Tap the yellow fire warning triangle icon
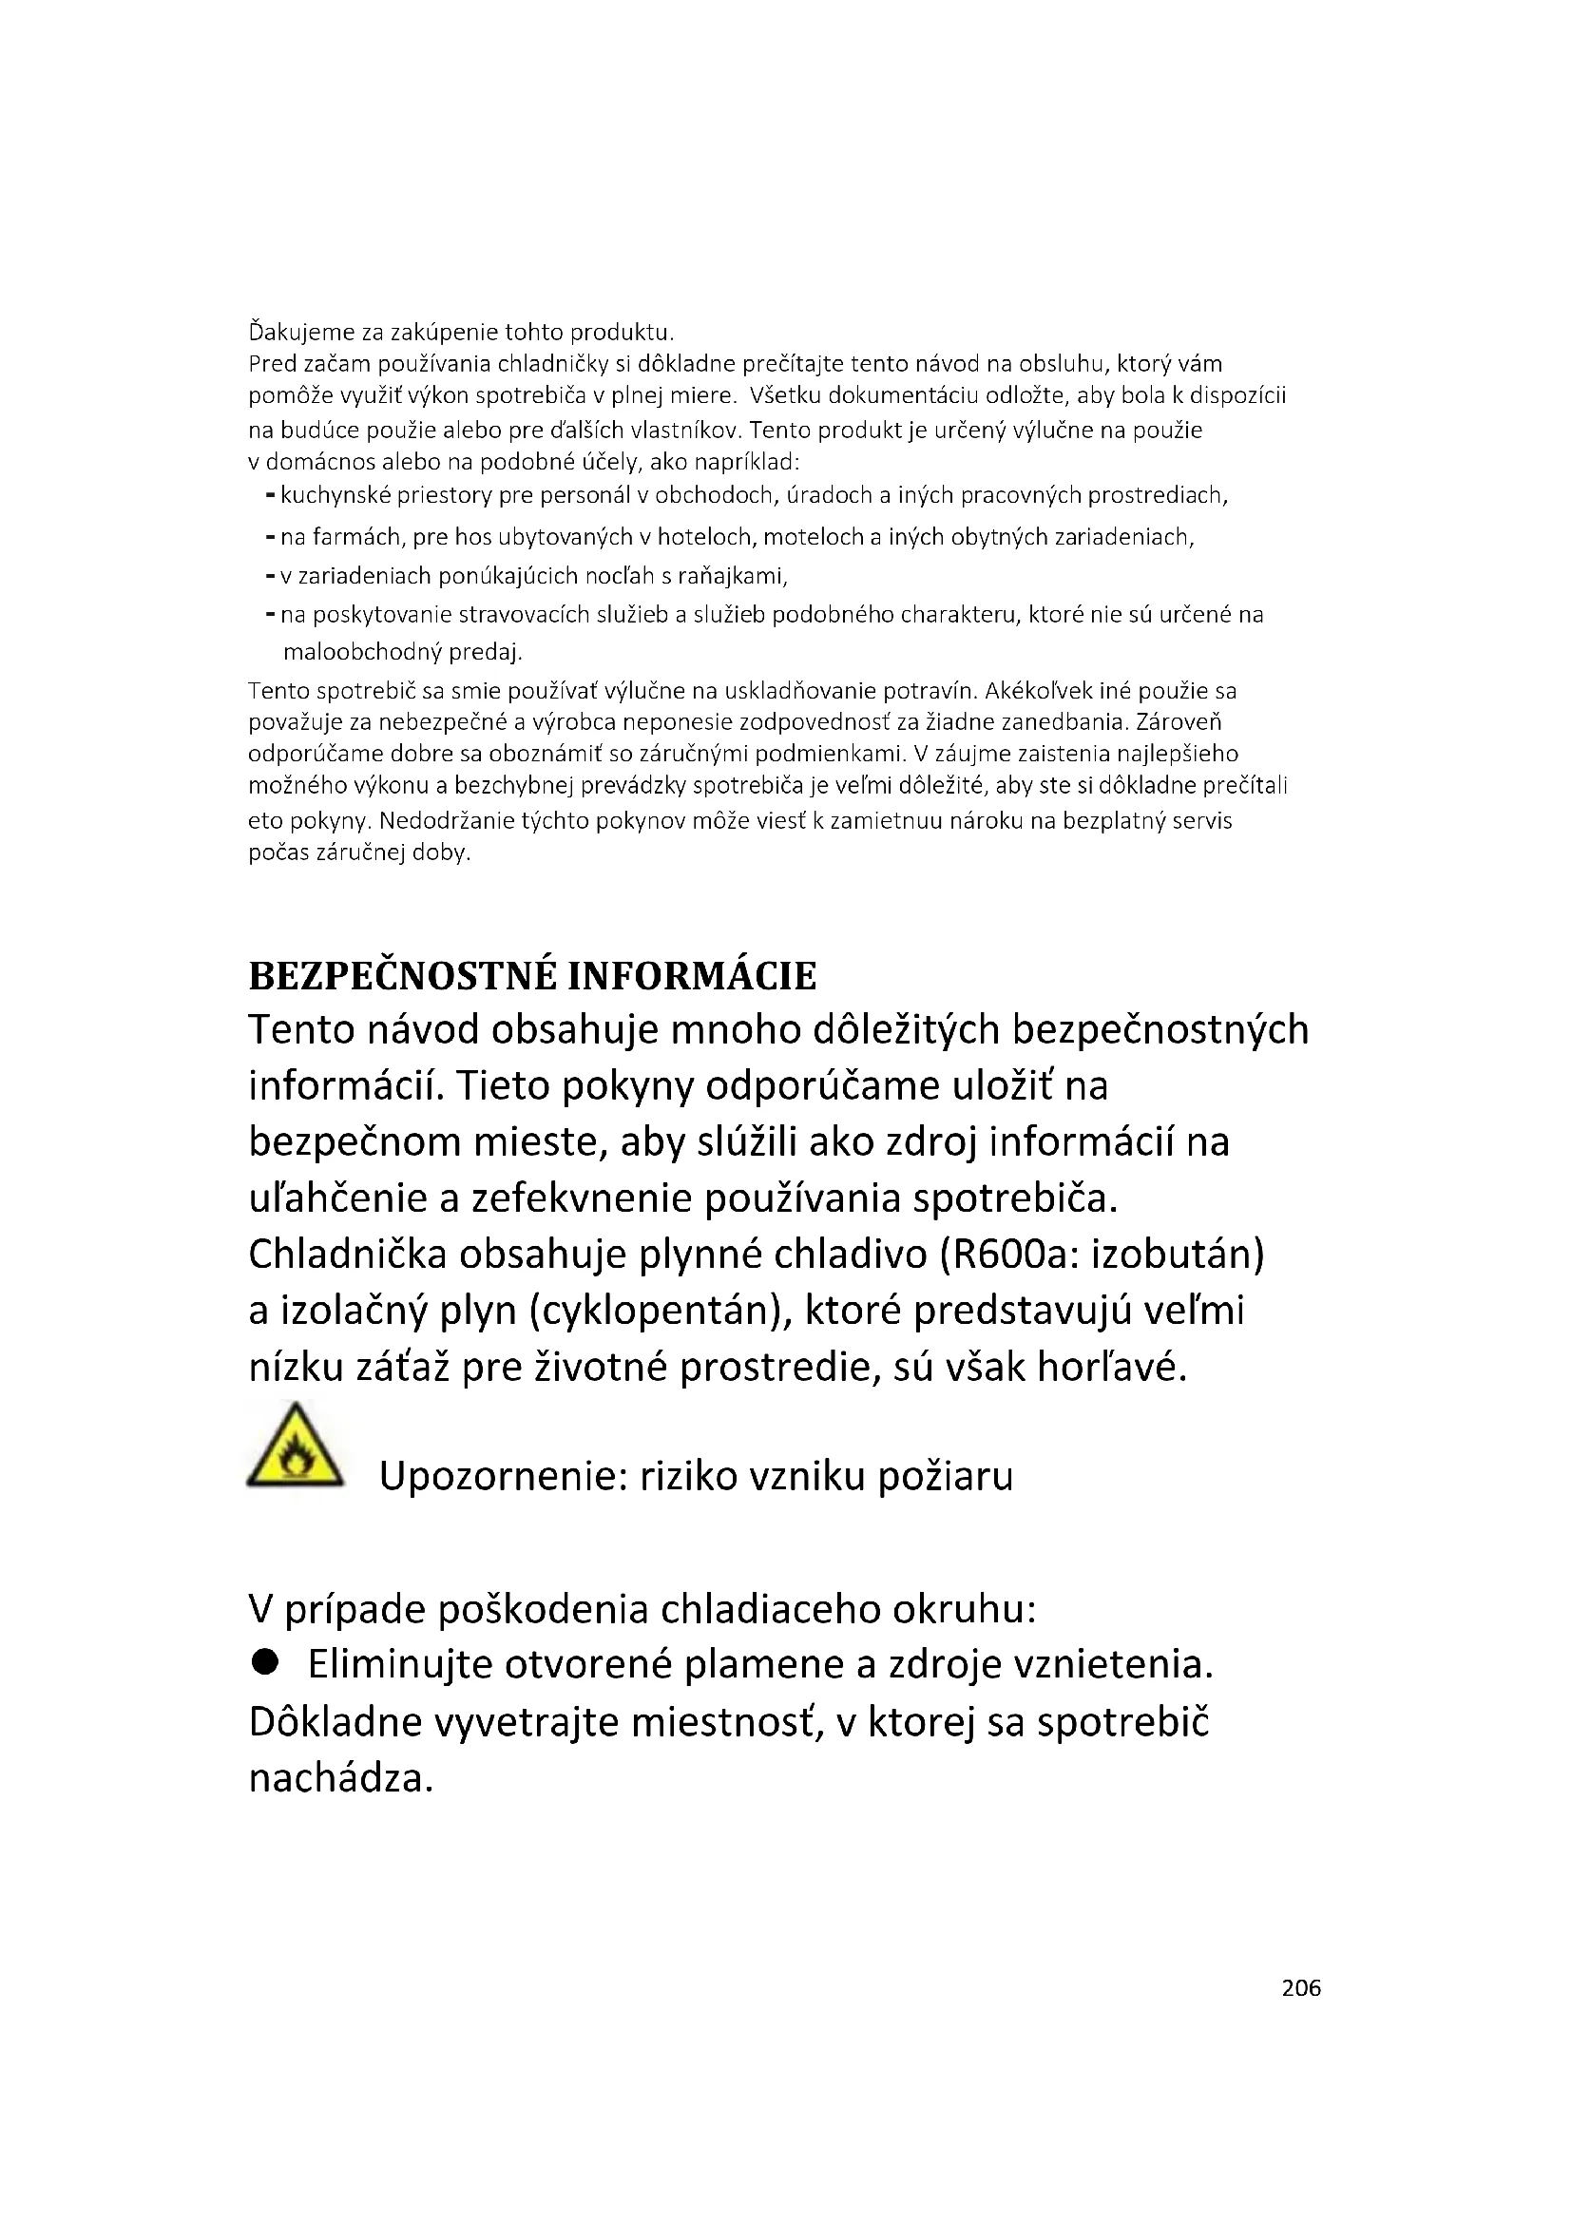(296, 1447)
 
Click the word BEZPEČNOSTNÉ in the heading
(402, 976)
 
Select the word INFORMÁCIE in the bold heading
(691, 976)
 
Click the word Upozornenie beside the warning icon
(502, 1477)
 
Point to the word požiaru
(945, 1477)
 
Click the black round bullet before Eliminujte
(264, 1662)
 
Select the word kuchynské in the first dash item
(325, 496)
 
